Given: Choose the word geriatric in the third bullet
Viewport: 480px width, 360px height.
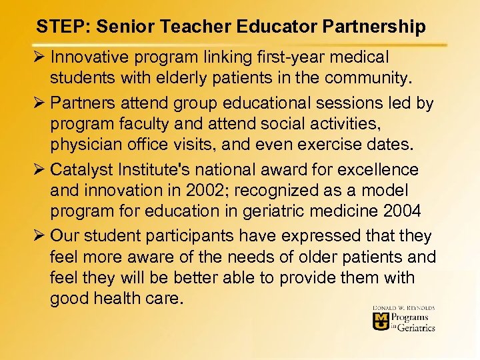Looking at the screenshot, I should (284, 211).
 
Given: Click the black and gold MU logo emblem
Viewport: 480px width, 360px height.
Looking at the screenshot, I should (382, 321).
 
